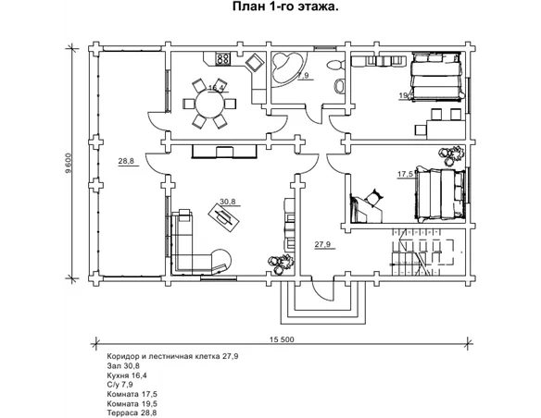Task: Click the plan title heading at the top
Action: pyautogui.click(x=285, y=6)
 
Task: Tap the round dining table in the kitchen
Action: pyautogui.click(x=209, y=104)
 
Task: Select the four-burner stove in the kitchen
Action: pyautogui.click(x=223, y=58)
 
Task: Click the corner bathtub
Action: pyautogui.click(x=287, y=68)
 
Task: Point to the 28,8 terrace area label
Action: pyautogui.click(x=126, y=161)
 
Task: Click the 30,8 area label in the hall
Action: pyautogui.click(x=228, y=202)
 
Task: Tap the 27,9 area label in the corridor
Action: pyautogui.click(x=322, y=244)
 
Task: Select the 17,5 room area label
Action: pyautogui.click(x=405, y=174)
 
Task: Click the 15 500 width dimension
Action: pyautogui.click(x=282, y=339)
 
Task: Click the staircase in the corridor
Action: pyautogui.click(x=422, y=253)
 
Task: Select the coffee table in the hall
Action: pyautogui.click(x=224, y=218)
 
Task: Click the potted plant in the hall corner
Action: pyautogui.click(x=280, y=264)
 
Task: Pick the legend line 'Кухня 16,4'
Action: pyautogui.click(x=127, y=375)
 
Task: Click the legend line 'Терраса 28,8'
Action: pyautogui.click(x=132, y=412)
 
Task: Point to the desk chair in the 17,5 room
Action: pyautogui.click(x=374, y=197)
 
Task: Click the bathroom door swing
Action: pyautogui.click(x=315, y=115)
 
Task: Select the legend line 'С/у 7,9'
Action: pyautogui.click(x=120, y=385)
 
